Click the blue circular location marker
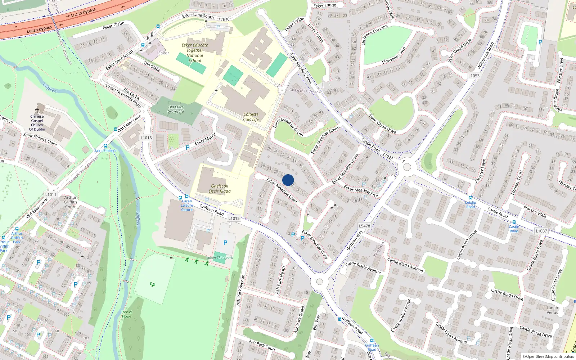[x=288, y=180]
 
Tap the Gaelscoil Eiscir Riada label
[x=220, y=189]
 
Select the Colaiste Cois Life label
[x=251, y=117]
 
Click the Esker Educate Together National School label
[x=195, y=53]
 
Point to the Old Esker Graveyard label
[x=176, y=109]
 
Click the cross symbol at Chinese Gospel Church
[x=37, y=111]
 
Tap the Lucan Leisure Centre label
[x=187, y=205]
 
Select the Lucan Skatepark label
[x=220, y=257]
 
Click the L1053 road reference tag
[x=474, y=76]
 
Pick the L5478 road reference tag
[x=364, y=226]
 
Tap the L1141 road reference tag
[x=51, y=194]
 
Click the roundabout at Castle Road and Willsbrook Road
[x=407, y=167]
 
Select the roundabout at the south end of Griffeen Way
[x=319, y=282]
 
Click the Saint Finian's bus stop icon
[x=105, y=146]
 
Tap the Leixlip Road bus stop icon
[x=470, y=198]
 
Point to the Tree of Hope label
[x=126, y=314]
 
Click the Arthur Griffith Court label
[x=70, y=202]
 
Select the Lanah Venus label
[x=552, y=310]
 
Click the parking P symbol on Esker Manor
[x=187, y=148]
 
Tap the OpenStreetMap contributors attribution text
[x=548, y=356]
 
